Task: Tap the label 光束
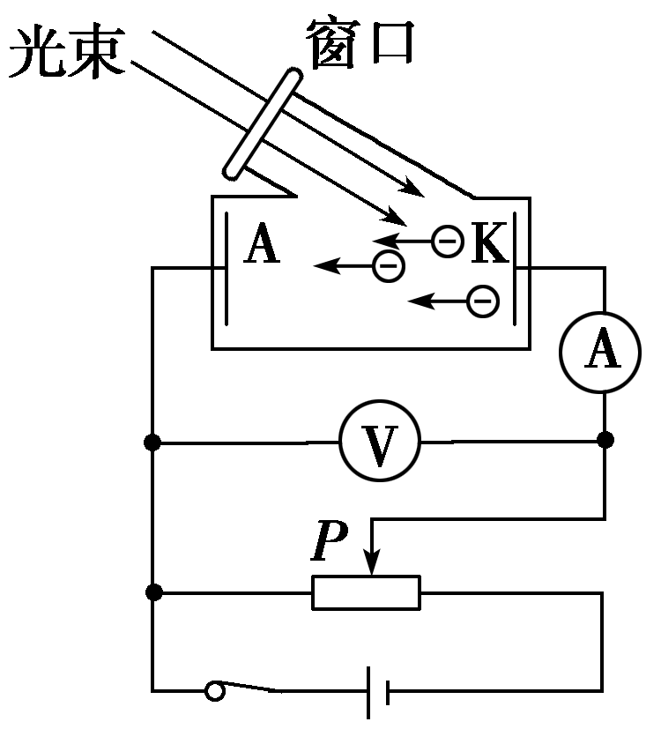[x=66, y=56]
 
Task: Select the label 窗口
[x=360, y=42]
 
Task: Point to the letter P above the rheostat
[x=330, y=542]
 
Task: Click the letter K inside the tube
[x=490, y=244]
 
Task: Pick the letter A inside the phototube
[x=262, y=244]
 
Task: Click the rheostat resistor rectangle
[x=367, y=592]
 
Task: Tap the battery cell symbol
[x=377, y=690]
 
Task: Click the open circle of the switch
[x=214, y=690]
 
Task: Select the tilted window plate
[x=261, y=123]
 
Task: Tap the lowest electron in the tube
[x=482, y=301]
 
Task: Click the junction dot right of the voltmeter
[x=605, y=440]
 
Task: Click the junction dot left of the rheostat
[x=152, y=592]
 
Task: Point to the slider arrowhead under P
[x=373, y=565]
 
